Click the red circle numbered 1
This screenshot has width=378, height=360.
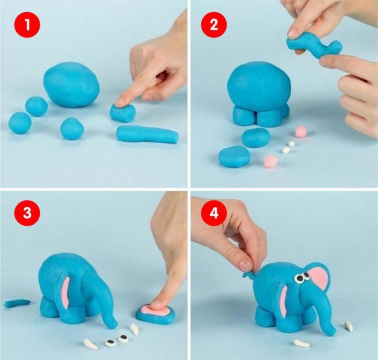coord(27,25)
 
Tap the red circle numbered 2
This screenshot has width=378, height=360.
coord(214,25)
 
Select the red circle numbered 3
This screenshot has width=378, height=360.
coord(27,213)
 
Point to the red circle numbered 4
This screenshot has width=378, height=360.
coord(214,213)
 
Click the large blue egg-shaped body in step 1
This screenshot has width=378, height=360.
coord(71,85)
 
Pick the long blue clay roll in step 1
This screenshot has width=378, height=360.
coord(147,134)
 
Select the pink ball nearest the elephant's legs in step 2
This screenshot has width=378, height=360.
coord(301,131)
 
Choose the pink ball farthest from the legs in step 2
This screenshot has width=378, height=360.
coord(270,161)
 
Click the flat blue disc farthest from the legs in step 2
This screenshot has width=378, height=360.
coord(234,157)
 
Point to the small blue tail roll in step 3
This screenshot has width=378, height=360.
coord(17,303)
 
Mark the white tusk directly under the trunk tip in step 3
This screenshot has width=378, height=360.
coord(134,329)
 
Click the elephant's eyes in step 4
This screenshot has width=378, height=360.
coord(302,277)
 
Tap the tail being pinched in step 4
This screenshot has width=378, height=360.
coord(248,274)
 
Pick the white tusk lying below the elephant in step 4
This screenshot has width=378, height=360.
coord(301,343)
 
